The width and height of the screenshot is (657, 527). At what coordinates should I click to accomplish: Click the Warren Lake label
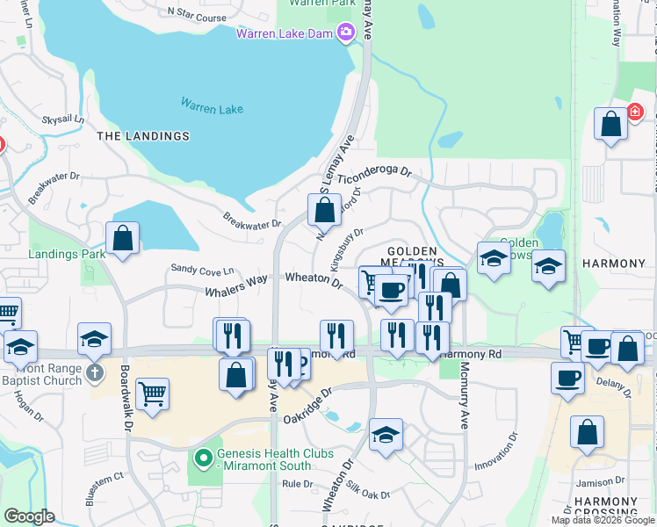(x=212, y=107)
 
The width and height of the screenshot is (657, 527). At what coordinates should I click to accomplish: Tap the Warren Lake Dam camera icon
(x=345, y=33)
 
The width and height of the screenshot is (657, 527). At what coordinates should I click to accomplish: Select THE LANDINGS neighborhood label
(x=142, y=136)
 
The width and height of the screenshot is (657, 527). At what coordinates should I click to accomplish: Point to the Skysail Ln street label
(x=62, y=118)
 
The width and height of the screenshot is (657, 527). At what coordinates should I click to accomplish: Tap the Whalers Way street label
(x=235, y=287)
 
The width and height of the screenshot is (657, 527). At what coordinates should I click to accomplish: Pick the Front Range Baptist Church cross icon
(x=97, y=374)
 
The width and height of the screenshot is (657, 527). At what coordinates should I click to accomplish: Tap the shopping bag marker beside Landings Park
(x=122, y=239)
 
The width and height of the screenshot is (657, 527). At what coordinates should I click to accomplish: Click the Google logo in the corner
(x=29, y=516)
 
